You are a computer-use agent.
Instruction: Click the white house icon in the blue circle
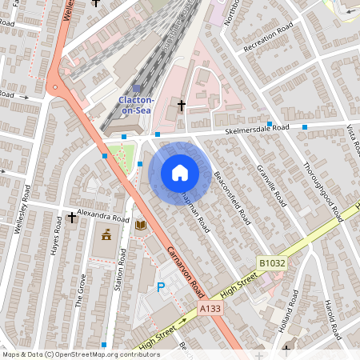click(x=180, y=172)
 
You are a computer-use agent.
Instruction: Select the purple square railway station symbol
click(x=136, y=89)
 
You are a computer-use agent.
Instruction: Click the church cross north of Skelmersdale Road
click(x=181, y=105)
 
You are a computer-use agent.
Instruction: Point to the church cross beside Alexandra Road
click(x=72, y=217)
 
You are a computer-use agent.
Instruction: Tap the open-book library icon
click(x=141, y=226)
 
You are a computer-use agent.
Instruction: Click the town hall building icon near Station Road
click(x=106, y=234)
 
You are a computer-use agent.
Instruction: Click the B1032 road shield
click(x=271, y=262)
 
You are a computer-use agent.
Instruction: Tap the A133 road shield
click(x=210, y=308)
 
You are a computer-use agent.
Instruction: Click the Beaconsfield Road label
click(x=233, y=196)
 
